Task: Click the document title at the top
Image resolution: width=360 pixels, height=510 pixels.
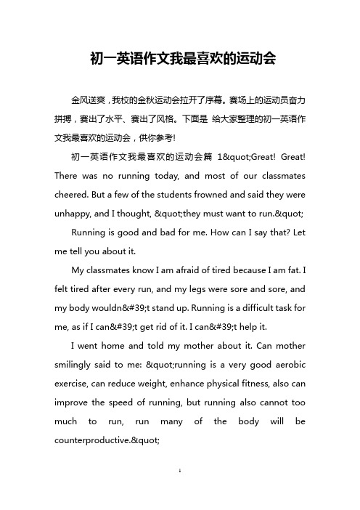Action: pos(180,57)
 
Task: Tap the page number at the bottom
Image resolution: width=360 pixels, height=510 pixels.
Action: pos(180,492)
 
